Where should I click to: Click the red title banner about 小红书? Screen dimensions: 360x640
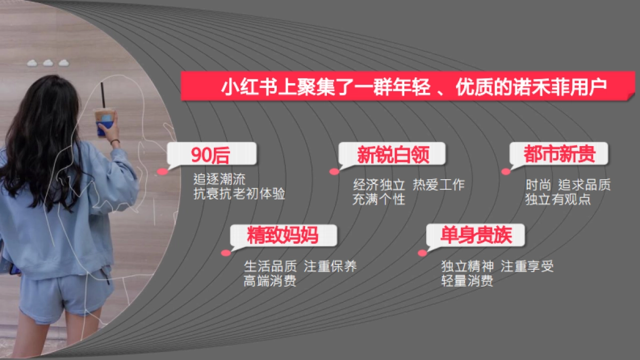[408, 86]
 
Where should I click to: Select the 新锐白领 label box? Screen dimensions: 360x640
[393, 155]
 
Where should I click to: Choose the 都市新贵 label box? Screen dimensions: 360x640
[558, 155]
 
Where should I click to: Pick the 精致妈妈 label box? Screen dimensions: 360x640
[283, 235]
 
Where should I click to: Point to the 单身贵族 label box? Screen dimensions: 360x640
[475, 235]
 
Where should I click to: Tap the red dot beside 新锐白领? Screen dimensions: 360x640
[334, 172]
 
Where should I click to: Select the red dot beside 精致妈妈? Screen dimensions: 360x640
[226, 253]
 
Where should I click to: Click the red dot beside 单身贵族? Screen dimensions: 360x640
[422, 253]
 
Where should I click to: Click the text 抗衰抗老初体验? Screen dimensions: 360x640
[239, 194]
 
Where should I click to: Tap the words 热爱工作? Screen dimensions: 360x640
[438, 185]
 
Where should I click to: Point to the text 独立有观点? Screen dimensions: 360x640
[558, 200]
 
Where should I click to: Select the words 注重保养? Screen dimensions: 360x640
[330, 266]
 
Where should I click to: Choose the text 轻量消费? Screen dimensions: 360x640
[467, 281]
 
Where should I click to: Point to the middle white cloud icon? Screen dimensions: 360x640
[48, 63]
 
